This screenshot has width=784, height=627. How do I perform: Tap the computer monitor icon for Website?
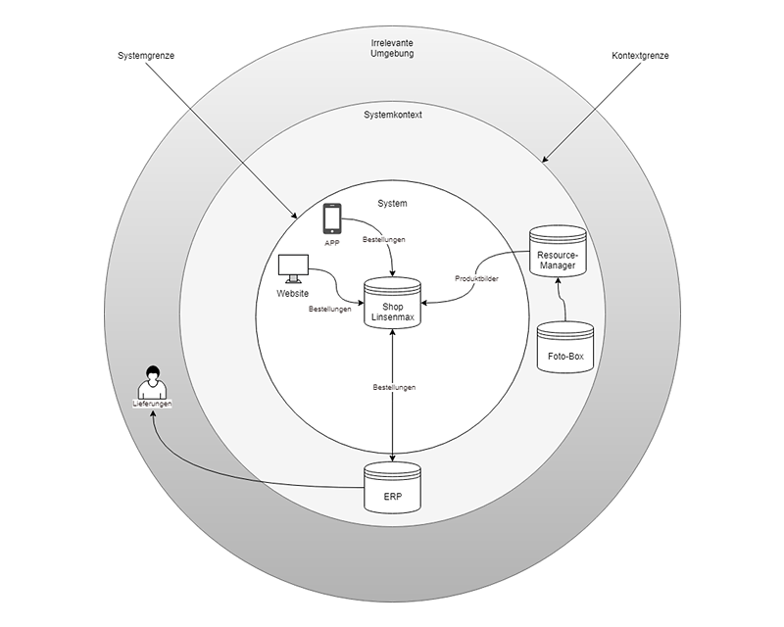click(293, 267)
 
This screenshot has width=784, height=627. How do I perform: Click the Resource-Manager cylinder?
click(557, 252)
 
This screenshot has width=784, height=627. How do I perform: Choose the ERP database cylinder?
click(392, 488)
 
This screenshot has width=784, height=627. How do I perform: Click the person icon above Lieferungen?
click(152, 380)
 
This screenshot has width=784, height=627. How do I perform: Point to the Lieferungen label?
click(152, 404)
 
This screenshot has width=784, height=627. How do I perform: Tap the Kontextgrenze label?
click(633, 56)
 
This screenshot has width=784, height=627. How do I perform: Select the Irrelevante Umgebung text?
click(392, 49)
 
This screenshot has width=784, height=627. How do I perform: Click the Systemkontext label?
click(392, 114)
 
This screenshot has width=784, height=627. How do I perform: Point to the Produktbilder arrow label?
click(476, 279)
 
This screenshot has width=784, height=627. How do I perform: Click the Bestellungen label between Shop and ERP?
click(394, 388)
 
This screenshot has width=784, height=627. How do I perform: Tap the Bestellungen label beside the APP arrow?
click(383, 239)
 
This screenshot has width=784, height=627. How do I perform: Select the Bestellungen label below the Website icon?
click(330, 310)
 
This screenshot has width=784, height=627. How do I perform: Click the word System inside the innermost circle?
click(392, 204)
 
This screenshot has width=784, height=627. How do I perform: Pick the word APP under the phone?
click(332, 242)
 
